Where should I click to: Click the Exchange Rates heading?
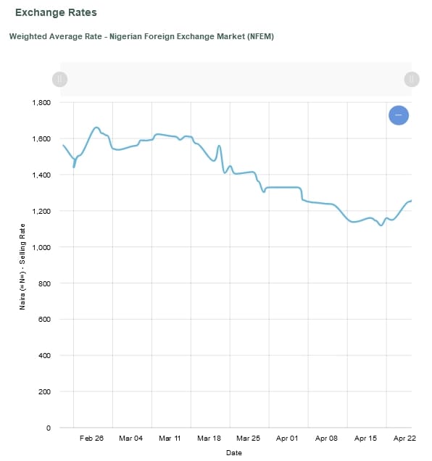tap(56, 13)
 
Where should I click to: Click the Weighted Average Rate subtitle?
tap(141, 36)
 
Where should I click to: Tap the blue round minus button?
tap(399, 115)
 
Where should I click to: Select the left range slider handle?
tap(60, 79)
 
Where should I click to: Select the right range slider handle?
tap(411, 79)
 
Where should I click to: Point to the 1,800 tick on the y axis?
tap(41, 103)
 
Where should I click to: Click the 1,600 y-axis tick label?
tap(41, 139)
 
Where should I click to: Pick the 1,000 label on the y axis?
tap(41, 247)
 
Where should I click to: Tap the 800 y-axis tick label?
tap(44, 283)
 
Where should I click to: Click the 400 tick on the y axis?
tap(44, 356)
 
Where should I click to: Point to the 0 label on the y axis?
tap(48, 428)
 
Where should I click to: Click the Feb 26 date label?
tap(91, 439)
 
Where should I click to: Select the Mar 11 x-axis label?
tap(170, 439)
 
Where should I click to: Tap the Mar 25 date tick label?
tap(248, 439)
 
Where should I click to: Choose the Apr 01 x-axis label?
tap(287, 439)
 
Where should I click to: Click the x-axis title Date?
tap(233, 453)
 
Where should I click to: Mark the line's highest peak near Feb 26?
tap(96, 128)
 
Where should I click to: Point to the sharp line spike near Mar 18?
tap(219, 146)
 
